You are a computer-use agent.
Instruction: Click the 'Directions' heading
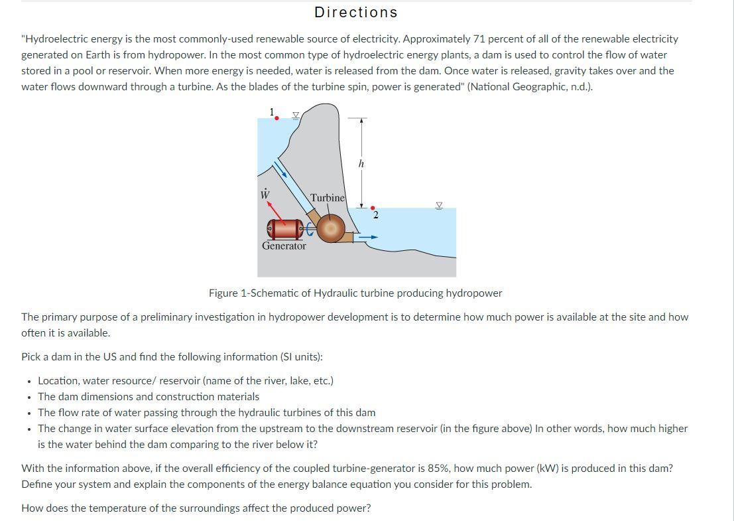coord(356,13)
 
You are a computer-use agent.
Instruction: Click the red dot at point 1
coord(276,118)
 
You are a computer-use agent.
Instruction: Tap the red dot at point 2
coord(372,207)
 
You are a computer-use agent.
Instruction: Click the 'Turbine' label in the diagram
coord(328,198)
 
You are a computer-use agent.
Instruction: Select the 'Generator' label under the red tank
coord(284,246)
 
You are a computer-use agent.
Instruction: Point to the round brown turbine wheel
coord(330,228)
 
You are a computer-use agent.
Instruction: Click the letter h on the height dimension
coord(361,163)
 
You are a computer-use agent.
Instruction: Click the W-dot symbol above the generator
coord(265,194)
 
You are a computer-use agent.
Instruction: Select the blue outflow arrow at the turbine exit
coord(368,236)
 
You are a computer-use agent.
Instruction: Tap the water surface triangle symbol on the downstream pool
coord(438,205)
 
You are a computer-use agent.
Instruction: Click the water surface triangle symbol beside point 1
coord(297,115)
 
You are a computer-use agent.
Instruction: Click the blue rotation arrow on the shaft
coord(310,230)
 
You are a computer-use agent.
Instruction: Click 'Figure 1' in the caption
coord(229,293)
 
